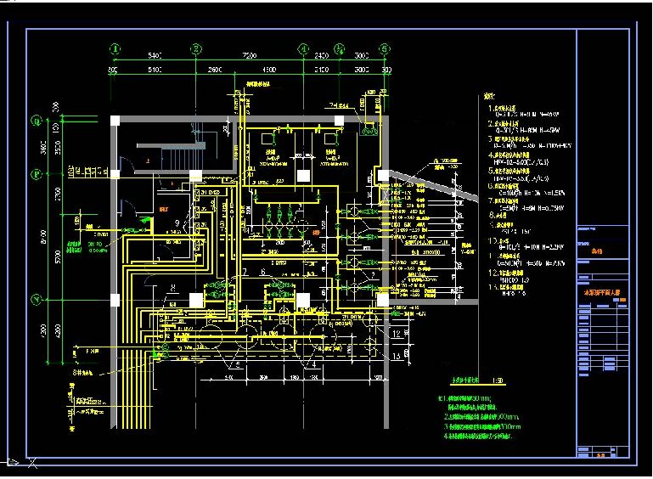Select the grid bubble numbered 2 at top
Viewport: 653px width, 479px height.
click(195, 49)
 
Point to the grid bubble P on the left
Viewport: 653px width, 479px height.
click(37, 174)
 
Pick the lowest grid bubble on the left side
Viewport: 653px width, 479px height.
click(37, 300)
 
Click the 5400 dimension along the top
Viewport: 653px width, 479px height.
click(155, 55)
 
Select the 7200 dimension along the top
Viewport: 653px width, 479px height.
click(249, 55)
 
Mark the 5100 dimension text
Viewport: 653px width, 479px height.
click(155, 68)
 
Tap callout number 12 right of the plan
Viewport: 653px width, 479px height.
click(397, 334)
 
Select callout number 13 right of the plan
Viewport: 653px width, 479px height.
click(397, 356)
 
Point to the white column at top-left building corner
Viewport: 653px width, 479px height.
click(115, 120)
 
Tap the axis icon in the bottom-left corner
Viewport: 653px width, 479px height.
click(17, 461)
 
